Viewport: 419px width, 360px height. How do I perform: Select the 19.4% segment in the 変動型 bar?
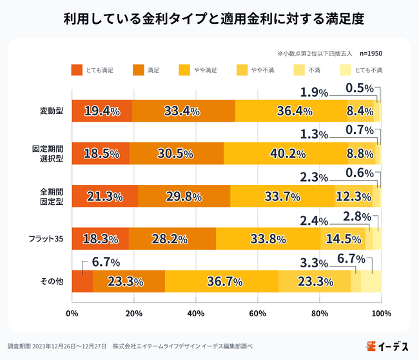pyautogui.click(x=102, y=111)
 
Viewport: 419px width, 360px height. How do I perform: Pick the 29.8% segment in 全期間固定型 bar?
pyautogui.click(x=183, y=196)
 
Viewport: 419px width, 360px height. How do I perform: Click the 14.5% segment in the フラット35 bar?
pyautogui.click(x=342, y=239)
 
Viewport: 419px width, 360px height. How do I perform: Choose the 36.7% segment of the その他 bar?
pyautogui.click(x=224, y=281)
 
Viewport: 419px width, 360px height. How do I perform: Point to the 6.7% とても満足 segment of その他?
pyautogui.click(x=82, y=281)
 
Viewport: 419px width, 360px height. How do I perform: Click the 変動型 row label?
pyautogui.click(x=51, y=111)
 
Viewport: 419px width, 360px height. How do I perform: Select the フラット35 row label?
pyautogui.click(x=47, y=239)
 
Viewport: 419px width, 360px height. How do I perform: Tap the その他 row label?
pyautogui.click(x=51, y=281)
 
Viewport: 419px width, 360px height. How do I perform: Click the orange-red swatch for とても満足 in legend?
pyautogui.click(x=77, y=70)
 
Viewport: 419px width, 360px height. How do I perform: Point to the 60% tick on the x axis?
pyautogui.click(x=257, y=314)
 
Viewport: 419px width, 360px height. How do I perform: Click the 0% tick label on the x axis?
pyautogui.click(x=72, y=314)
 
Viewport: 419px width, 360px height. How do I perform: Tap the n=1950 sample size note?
pyautogui.click(x=374, y=53)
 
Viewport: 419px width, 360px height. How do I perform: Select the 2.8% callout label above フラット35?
pyautogui.click(x=356, y=216)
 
